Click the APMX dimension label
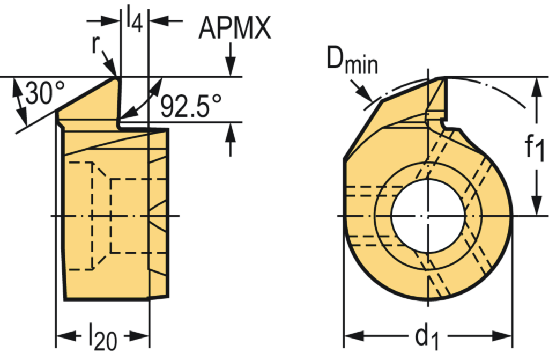pyautogui.click(x=234, y=28)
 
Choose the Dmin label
pyautogui.click(x=352, y=62)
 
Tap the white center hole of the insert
pyautogui.click(x=427, y=216)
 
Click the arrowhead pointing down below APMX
pyautogui.click(x=230, y=69)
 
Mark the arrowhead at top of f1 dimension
pyautogui.click(x=535, y=86)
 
